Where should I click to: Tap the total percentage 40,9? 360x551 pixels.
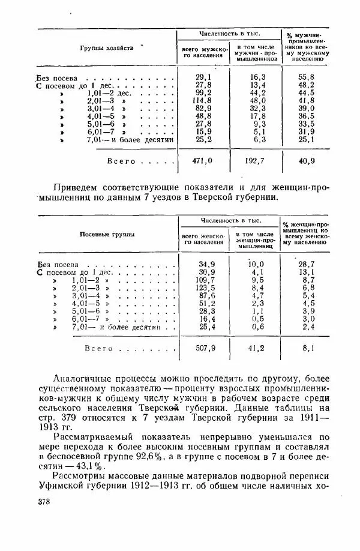(307, 161)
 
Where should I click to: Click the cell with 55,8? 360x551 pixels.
(307, 77)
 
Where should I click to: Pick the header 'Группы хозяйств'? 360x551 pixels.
(107, 48)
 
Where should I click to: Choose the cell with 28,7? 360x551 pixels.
(307, 263)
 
